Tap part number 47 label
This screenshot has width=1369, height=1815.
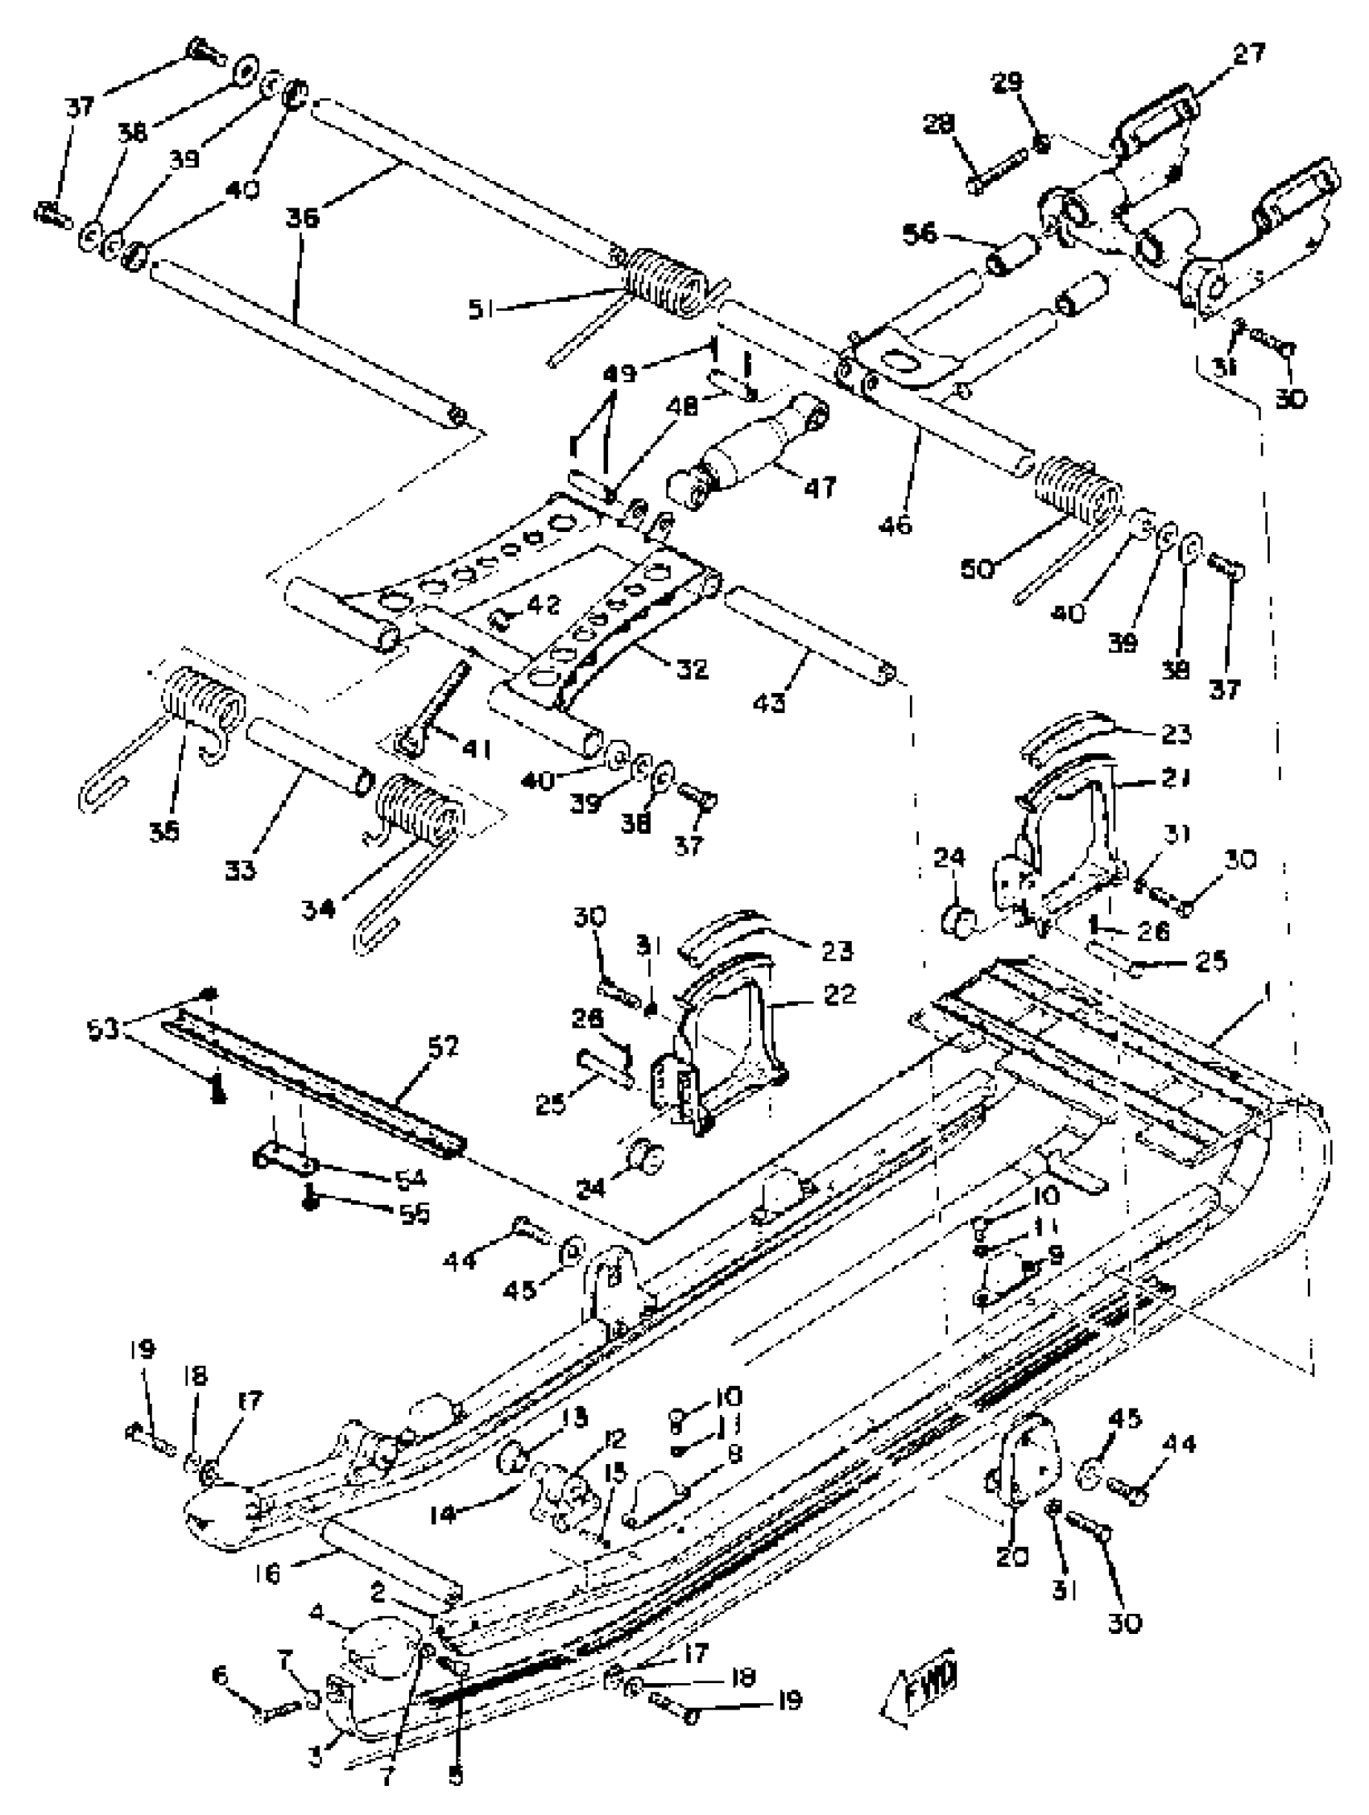[x=819, y=488]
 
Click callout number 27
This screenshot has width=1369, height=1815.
[x=1248, y=54]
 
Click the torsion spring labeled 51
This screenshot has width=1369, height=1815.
[x=667, y=282]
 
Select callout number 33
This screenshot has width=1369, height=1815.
[x=241, y=870]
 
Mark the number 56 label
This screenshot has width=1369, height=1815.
[x=918, y=235]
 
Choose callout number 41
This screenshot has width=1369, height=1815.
[x=476, y=749]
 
